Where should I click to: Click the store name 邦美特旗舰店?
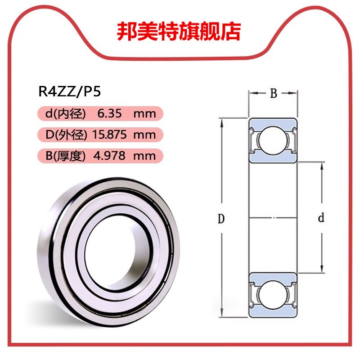[179, 31]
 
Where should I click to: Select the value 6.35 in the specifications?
[110, 114]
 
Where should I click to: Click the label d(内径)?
[65, 114]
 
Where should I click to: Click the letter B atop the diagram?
[273, 94]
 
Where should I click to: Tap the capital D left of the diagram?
[221, 219]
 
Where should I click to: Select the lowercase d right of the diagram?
[321, 219]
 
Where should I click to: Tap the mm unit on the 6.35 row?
[144, 114]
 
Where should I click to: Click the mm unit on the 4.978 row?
[144, 156]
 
